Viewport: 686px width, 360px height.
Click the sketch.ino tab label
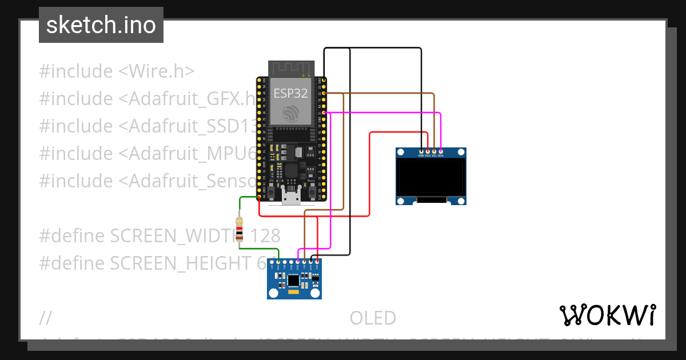pos(101,25)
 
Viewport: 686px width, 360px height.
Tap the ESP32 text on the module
pos(290,93)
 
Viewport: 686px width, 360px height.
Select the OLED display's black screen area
pos(431,177)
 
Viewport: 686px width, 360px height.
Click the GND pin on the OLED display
pos(421,151)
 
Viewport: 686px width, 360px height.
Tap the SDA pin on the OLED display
pos(441,151)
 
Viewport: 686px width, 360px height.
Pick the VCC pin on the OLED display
pos(428,151)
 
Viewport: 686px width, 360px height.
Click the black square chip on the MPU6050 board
pos(293,280)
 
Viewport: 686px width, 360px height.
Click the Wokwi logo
pos(607,315)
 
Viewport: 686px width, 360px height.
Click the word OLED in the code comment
pos(373,318)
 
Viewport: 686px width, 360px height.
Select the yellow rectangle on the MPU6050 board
pos(293,292)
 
